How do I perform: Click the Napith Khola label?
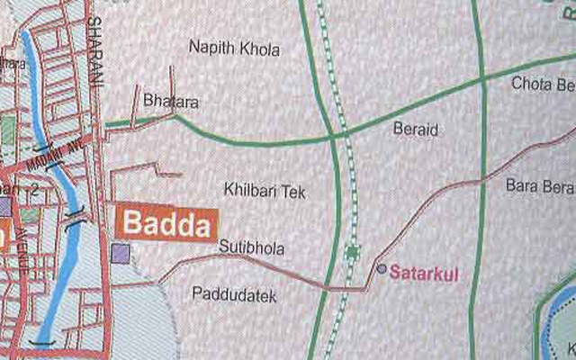pyautogui.click(x=234, y=49)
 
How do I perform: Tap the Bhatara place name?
pyautogui.click(x=170, y=102)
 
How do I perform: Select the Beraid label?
pyautogui.click(x=416, y=130)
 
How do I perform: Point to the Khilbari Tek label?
pyautogui.click(x=259, y=190)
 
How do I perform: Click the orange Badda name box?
pyautogui.click(x=166, y=224)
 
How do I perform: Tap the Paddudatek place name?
pyautogui.click(x=234, y=294)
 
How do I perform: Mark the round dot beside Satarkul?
pyautogui.click(x=382, y=268)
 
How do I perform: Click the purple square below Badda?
pyautogui.click(x=120, y=253)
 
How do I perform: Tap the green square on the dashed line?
pyautogui.click(x=352, y=251)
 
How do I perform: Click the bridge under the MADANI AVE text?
pyautogui.click(x=40, y=148)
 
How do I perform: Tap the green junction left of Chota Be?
pyautogui.click(x=482, y=79)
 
